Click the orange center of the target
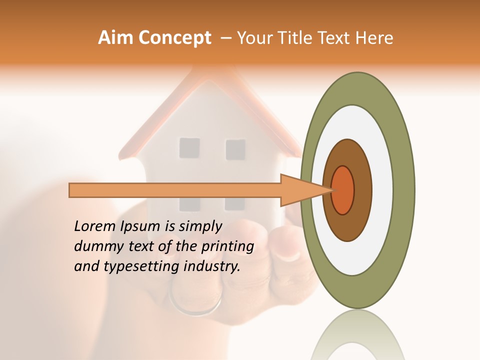point(343,190)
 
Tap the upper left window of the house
point(189,148)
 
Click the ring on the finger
point(195,305)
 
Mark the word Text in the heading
point(334,38)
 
